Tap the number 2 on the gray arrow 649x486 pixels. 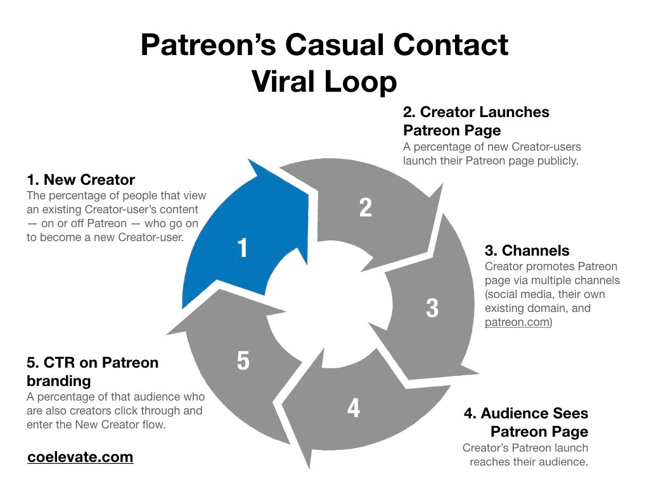tap(366, 208)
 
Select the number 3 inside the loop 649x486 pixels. tap(432, 308)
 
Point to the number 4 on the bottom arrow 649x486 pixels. tap(354, 408)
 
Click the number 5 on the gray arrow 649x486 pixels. tap(243, 360)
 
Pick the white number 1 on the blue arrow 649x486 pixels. tap(243, 248)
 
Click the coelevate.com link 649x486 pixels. tap(80, 457)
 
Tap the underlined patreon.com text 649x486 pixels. tap(517, 322)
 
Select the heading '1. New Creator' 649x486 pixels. tap(80, 180)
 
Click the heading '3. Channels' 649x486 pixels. tap(527, 251)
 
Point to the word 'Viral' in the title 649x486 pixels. tap(283, 82)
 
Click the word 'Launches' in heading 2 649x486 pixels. tap(515, 112)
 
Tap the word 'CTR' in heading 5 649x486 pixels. tap(60, 363)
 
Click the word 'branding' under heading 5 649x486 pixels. tap(59, 381)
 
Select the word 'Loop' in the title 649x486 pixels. tap(361, 82)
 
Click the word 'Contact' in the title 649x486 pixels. tap(451, 45)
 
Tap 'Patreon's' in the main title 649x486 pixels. tap(208, 45)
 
